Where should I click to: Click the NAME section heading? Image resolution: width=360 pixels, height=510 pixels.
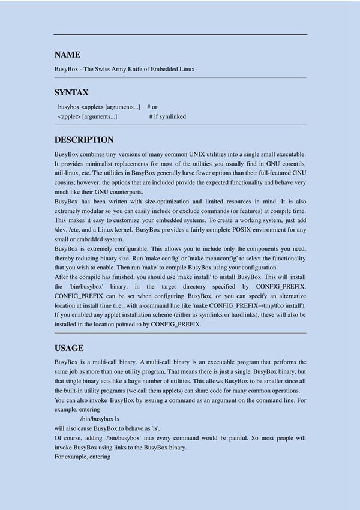tap(67, 55)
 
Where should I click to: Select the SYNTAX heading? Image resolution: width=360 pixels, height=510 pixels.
tap(71, 92)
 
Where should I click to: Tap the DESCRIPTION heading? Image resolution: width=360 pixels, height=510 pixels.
tap(84, 140)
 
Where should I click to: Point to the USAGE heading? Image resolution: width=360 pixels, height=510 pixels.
tap(69, 348)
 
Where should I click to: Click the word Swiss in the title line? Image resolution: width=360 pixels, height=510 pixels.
tap(112, 69)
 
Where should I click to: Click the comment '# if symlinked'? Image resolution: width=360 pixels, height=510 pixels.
tap(167, 116)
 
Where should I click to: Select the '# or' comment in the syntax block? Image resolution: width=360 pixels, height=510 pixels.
tap(152, 106)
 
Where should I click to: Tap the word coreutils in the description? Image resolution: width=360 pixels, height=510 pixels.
tap(290, 163)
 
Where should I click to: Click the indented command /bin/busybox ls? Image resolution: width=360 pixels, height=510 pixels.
tap(100, 418)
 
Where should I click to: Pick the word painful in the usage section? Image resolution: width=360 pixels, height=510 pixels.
tap(242, 437)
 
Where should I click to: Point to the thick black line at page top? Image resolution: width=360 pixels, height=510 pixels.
tap(180, 35)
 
